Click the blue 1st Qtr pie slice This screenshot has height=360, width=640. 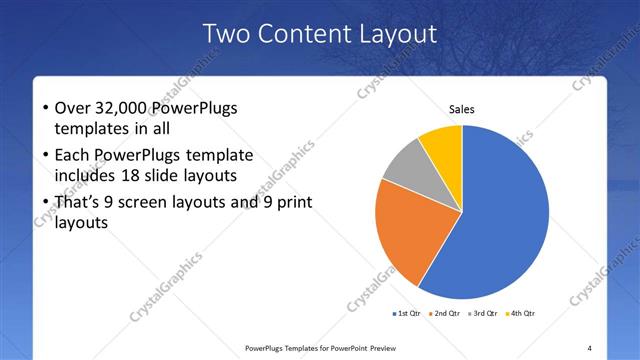coord(505,220)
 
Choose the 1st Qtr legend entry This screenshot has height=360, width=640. coord(408,314)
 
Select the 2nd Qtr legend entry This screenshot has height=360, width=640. coord(445,314)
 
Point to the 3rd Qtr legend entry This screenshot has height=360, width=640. coord(482,314)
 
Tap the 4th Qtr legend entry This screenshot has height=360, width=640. coord(521,314)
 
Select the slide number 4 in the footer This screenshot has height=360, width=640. coord(590,348)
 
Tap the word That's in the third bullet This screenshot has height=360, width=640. coord(80,203)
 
